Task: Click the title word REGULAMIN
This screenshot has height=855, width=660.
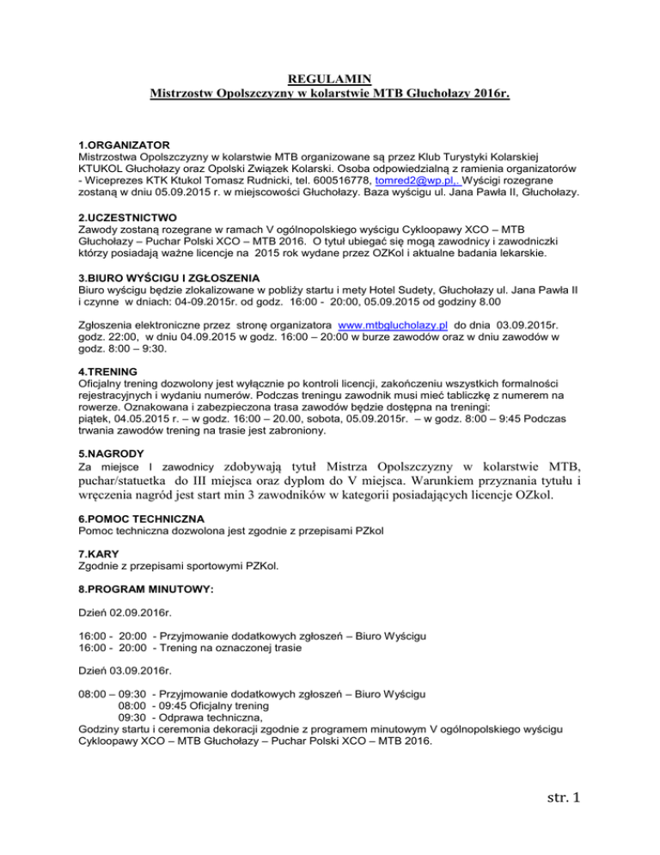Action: (x=330, y=77)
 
